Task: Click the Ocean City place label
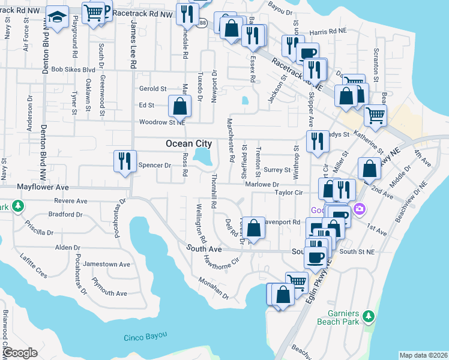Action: tap(188, 143)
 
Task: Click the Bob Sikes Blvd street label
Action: tap(73, 70)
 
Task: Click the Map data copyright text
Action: tap(424, 355)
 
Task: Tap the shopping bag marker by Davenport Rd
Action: tap(254, 228)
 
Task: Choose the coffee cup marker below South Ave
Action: tap(315, 257)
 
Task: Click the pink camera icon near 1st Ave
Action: tap(359, 209)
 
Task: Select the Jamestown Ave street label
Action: tap(107, 264)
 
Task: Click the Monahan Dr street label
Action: tap(215, 288)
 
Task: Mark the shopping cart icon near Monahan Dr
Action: tap(296, 281)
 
